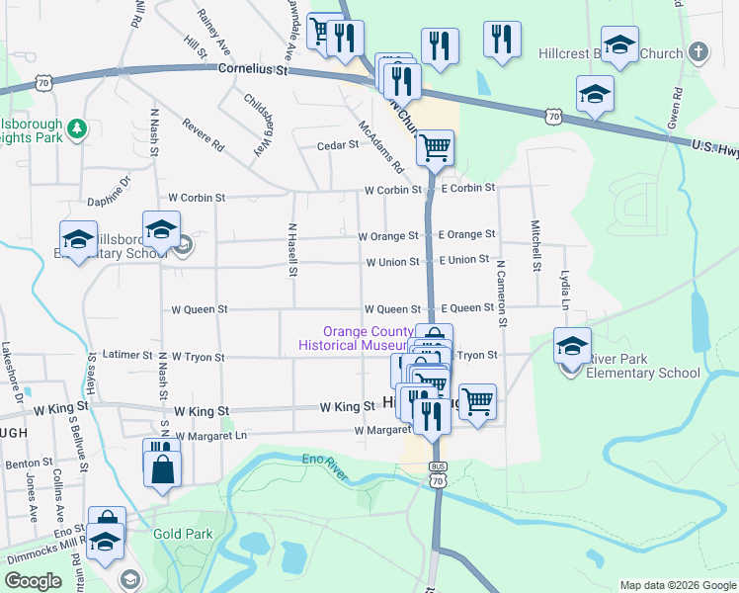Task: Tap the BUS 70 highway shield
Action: (x=438, y=474)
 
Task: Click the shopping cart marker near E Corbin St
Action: (x=435, y=148)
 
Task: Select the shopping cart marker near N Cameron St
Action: (x=477, y=401)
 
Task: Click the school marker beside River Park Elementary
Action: (x=572, y=346)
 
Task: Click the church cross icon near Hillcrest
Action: (x=698, y=51)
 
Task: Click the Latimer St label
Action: (x=127, y=355)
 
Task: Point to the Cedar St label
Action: (x=337, y=144)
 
